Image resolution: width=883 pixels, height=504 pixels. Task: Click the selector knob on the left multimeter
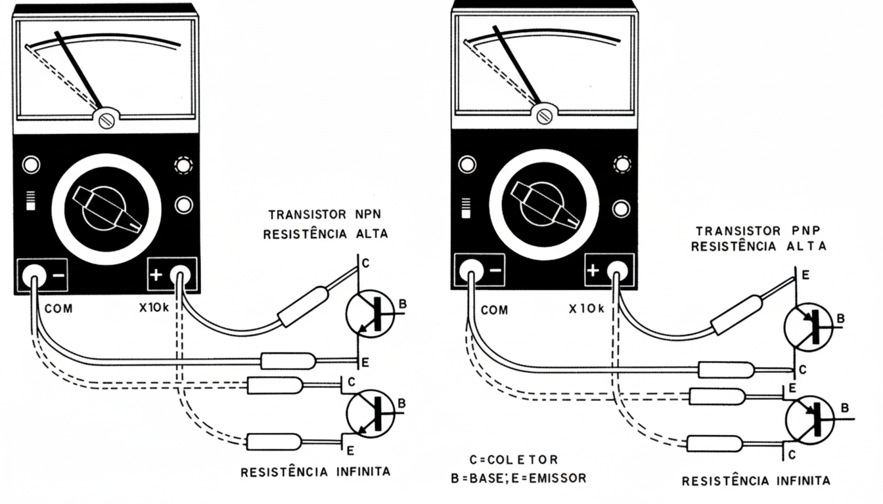coord(107,209)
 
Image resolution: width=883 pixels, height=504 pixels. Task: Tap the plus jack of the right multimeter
coord(616,270)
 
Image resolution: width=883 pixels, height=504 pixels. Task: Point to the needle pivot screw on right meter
coord(544,115)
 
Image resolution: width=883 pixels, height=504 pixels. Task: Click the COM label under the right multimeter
coord(494,310)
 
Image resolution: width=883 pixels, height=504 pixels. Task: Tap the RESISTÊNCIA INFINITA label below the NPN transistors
coord(315,472)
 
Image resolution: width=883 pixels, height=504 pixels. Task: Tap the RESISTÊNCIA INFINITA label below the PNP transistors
coord(756,481)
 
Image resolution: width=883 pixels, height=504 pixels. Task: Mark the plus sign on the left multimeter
coord(156,275)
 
